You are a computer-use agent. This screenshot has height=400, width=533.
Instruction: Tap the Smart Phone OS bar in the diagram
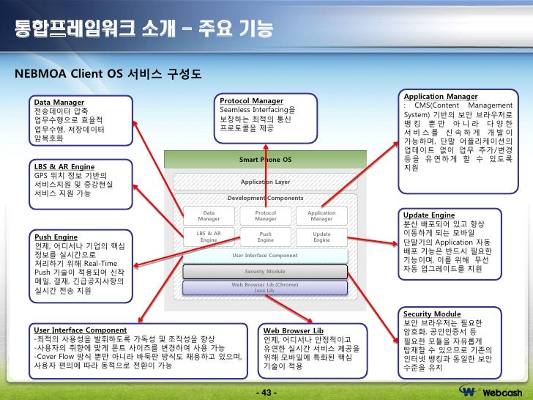(265, 159)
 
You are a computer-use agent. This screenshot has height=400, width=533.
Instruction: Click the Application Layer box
(265, 182)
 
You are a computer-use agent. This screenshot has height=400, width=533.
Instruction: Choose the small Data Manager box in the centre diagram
(209, 216)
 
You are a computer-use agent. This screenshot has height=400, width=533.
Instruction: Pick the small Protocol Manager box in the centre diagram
(265, 216)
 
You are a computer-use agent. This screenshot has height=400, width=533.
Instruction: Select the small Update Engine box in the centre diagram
(321, 237)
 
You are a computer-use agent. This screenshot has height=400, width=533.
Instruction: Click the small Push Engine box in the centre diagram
(265, 237)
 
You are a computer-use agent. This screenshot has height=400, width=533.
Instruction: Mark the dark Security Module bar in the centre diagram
(265, 272)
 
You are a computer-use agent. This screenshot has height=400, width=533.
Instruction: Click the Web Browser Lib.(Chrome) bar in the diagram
(265, 286)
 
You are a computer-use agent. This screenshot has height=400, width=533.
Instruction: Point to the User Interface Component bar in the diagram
(265, 256)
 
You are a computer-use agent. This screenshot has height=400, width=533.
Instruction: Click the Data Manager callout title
(59, 103)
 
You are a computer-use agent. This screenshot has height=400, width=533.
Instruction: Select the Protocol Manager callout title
(251, 100)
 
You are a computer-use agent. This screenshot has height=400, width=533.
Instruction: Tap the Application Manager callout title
(441, 96)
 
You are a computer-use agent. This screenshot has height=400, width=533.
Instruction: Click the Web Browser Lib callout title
(293, 330)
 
